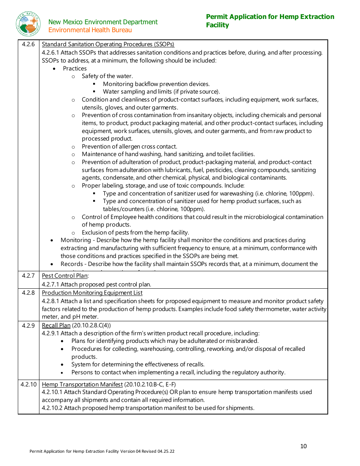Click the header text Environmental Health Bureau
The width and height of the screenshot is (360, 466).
(90, 30)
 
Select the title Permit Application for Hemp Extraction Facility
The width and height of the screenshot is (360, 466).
(270, 21)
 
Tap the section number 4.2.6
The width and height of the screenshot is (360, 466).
(28, 44)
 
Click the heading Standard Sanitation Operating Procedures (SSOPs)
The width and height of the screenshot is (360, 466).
(108, 44)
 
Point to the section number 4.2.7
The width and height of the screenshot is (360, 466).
(28, 276)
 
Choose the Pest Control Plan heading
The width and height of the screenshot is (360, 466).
(65, 276)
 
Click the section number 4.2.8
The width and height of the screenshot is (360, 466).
(28, 293)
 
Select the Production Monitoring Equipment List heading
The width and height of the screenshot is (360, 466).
(92, 293)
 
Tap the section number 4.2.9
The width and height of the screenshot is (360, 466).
(28, 325)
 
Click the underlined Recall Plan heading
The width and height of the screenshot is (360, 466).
(56, 325)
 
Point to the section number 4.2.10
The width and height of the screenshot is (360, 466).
(28, 385)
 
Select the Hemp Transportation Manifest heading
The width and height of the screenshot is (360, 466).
(82, 385)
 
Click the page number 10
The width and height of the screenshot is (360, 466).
(304, 446)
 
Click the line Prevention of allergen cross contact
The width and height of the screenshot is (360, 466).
(129, 147)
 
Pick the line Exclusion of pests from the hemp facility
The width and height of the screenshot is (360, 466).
(135, 233)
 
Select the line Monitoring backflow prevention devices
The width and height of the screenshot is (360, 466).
(156, 84)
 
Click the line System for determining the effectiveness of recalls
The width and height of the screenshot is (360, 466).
(138, 364)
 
